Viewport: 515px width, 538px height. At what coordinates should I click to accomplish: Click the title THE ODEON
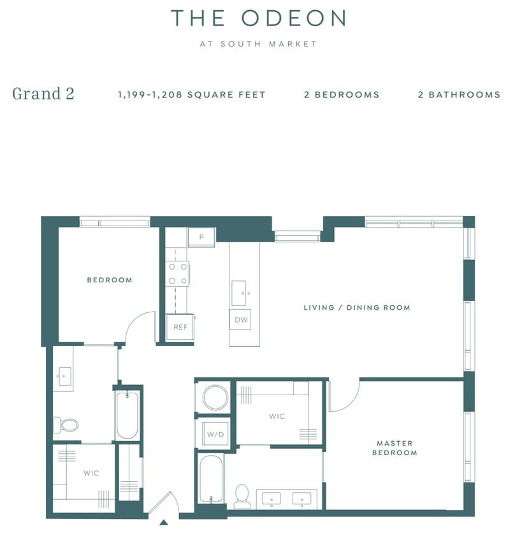257,18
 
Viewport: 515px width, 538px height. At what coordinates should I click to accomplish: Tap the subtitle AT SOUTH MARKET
257,44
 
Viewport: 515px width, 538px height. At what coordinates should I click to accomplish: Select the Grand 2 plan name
43,94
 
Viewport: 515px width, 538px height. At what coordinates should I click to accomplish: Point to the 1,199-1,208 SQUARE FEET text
191,94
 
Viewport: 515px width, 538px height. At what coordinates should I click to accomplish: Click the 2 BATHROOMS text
459,94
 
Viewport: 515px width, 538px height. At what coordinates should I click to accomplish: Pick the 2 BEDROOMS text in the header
342,94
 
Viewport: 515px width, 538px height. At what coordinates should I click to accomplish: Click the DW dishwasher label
241,320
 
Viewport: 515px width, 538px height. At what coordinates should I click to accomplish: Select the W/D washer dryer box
215,435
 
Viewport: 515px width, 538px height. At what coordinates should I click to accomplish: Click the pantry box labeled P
201,237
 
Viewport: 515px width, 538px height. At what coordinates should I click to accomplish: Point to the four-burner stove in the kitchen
178,273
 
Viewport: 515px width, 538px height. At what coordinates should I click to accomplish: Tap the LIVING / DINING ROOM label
356,307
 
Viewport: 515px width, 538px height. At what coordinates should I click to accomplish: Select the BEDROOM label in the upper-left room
109,280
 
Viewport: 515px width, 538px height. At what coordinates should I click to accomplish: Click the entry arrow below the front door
163,522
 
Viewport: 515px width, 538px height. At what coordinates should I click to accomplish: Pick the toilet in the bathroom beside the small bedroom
67,424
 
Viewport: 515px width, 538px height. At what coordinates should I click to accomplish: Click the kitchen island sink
240,293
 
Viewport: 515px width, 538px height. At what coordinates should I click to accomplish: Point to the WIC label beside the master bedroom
277,416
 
